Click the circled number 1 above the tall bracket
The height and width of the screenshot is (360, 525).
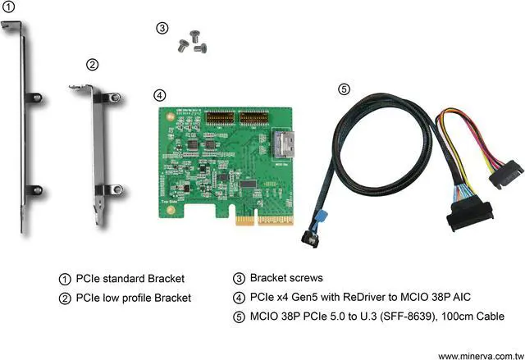7,7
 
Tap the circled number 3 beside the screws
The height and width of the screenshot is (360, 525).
162,28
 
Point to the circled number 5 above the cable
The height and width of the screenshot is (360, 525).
344,89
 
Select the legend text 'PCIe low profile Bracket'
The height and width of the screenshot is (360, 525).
133,298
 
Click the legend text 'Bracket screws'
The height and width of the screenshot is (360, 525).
287,278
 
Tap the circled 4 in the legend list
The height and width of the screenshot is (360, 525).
239,298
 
